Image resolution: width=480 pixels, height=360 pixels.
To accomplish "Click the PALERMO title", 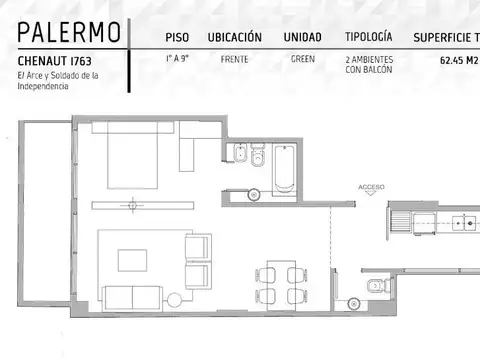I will tap(70, 33).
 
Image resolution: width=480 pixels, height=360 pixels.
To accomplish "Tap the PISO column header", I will tap(177, 38).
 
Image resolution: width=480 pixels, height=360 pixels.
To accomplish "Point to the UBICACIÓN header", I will tap(234, 38).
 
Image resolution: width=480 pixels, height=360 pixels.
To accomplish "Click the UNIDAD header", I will tap(302, 38).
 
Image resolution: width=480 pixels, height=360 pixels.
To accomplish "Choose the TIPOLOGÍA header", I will tap(368, 38).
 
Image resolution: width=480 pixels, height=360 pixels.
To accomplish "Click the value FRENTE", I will tap(234, 60).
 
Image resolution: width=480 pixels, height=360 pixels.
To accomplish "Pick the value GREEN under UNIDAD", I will tap(302, 60).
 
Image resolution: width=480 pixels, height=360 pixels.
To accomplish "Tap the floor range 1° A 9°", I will tap(177, 60).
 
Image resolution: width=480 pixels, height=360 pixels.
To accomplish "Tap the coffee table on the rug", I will tap(132, 259).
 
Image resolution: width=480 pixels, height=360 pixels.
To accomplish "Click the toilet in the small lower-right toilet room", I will tap(377, 286).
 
